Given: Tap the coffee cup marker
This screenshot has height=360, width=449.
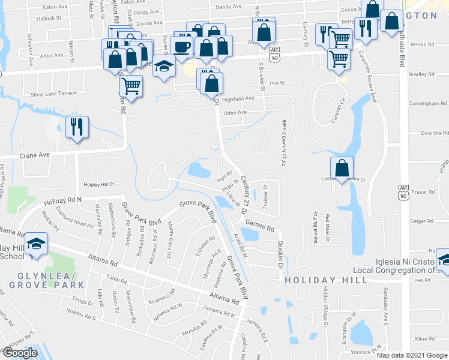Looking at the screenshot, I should [182, 46].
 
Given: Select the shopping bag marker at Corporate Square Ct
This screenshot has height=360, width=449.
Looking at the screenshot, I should [342, 168].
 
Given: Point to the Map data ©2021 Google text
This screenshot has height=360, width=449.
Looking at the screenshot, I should [411, 355].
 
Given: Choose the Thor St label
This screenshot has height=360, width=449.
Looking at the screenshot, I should [276, 84].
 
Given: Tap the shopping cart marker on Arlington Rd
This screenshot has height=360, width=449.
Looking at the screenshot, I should [131, 85].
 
